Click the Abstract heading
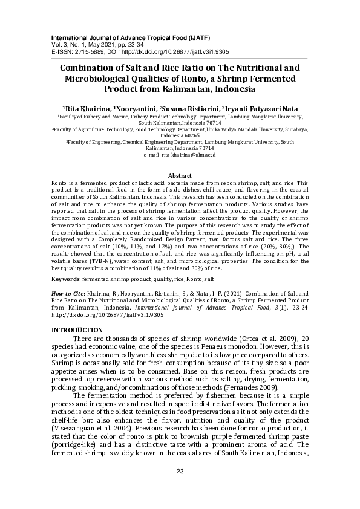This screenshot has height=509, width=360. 180,175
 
